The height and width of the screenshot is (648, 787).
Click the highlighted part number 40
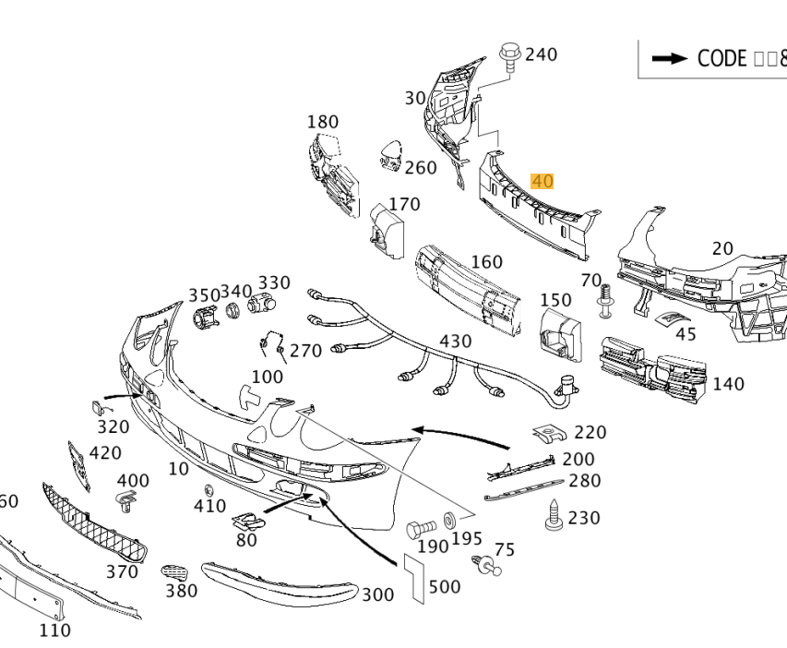pyautogui.click(x=543, y=181)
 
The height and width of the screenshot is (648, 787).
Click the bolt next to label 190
pyautogui.click(x=421, y=530)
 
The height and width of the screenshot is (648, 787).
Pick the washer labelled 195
pyautogui.click(x=450, y=521)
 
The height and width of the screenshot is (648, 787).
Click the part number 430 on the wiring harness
pyautogui.click(x=455, y=342)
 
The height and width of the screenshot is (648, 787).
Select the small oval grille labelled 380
pyautogui.click(x=173, y=573)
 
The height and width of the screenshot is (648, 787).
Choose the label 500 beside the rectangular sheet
pyautogui.click(x=445, y=587)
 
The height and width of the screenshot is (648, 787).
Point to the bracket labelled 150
pyautogui.click(x=560, y=334)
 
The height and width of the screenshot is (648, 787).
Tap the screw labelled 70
pyautogui.click(x=606, y=300)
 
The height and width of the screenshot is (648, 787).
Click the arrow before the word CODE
pyautogui.click(x=670, y=58)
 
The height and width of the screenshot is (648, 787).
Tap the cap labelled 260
pyautogui.click(x=391, y=155)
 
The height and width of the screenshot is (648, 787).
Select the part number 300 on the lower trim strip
pyautogui.click(x=377, y=595)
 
